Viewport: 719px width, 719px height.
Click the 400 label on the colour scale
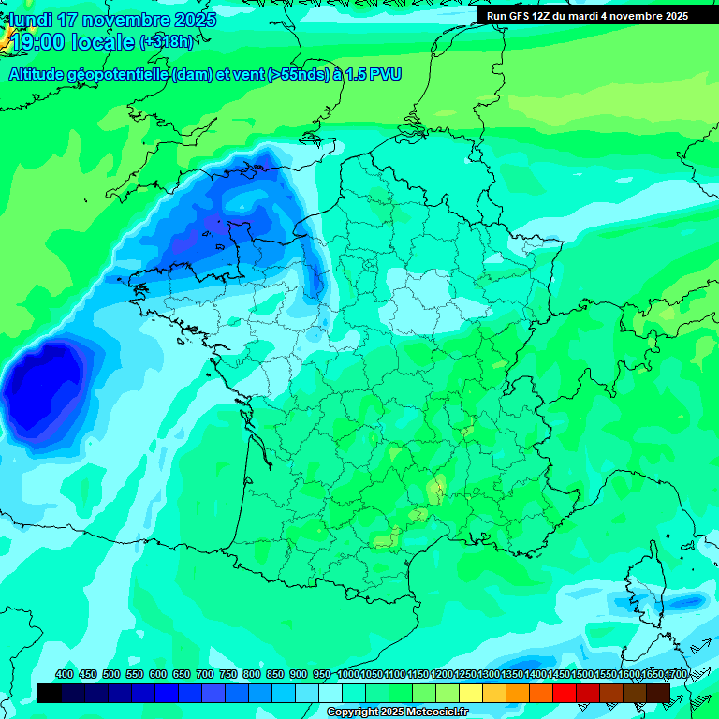[x=65, y=674]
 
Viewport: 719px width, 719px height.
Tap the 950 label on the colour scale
[x=322, y=674]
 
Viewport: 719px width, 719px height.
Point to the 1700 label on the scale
[x=675, y=674]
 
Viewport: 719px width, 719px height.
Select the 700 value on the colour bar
[x=205, y=674]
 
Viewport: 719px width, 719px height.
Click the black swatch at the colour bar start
[x=50, y=694]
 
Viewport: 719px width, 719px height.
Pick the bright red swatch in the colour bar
[x=565, y=694]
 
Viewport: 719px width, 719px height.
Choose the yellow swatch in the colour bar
[x=471, y=694]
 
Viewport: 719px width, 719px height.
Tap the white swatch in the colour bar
[x=330, y=694]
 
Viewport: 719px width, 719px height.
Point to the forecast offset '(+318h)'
[x=166, y=42]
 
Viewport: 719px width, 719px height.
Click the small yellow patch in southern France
[x=435, y=488]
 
